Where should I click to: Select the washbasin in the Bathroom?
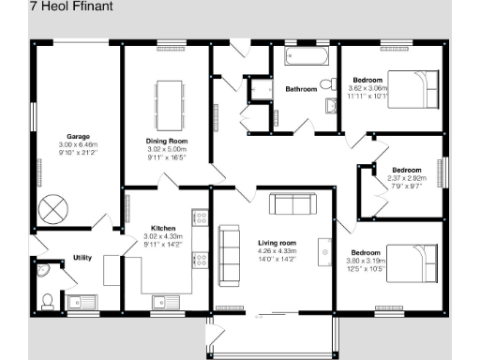tap(331, 105)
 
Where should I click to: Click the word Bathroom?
tap(301, 90)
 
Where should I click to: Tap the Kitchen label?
tap(163, 228)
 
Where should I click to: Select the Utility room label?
tap(82, 257)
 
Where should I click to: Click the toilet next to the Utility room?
tap(48, 301)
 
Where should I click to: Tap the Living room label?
tap(277, 243)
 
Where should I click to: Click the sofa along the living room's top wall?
tap(292, 205)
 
